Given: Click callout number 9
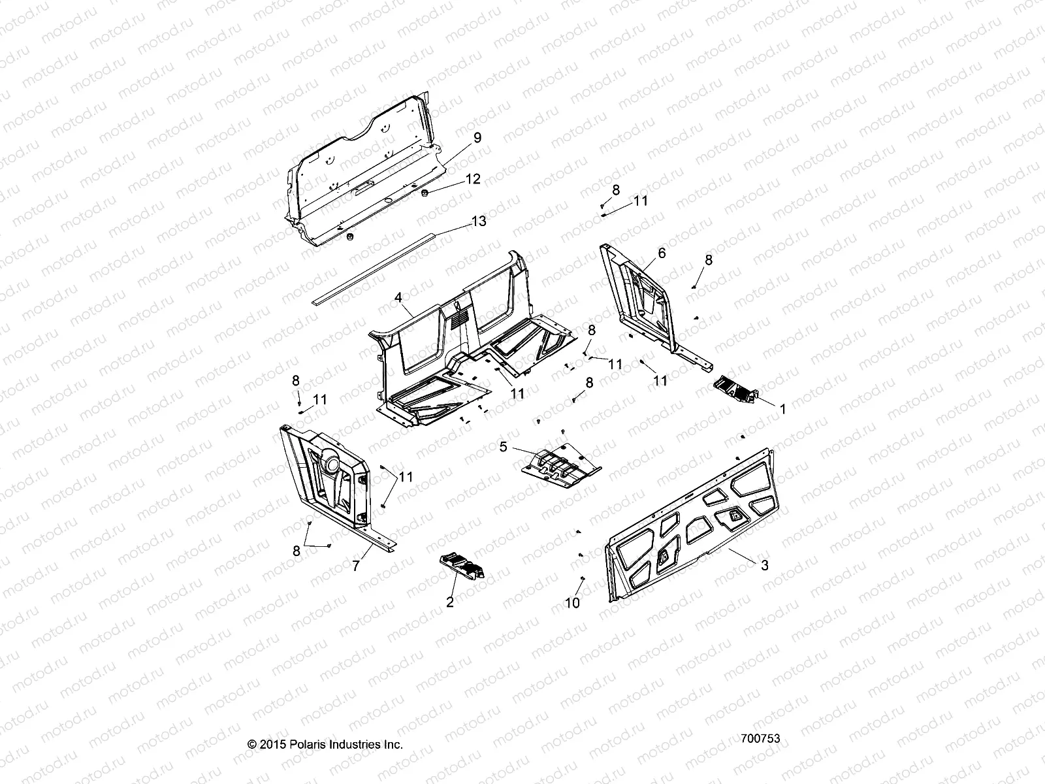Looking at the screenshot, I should click(x=477, y=137).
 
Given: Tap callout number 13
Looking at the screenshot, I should click(x=479, y=221).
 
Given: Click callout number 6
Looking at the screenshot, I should click(x=662, y=253).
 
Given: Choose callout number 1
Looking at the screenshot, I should click(x=783, y=408).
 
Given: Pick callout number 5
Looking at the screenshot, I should click(x=503, y=447).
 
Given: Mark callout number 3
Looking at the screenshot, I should click(x=765, y=566).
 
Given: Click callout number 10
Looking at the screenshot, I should click(x=572, y=603).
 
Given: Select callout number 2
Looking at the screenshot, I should click(x=449, y=602).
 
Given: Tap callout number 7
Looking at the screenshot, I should click(x=355, y=566).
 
